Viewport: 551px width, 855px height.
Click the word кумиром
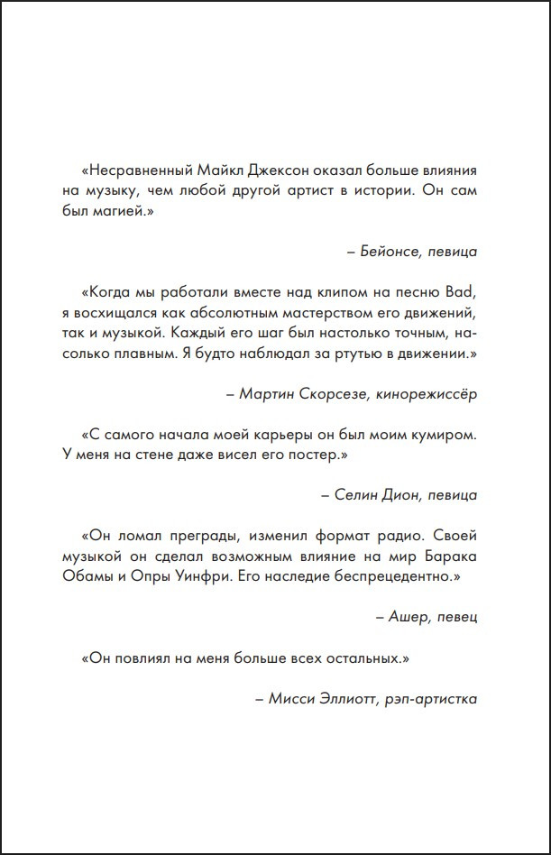tap(441, 434)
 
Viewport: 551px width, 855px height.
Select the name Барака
tap(446, 556)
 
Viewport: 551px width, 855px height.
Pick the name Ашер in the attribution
tap(407, 618)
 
